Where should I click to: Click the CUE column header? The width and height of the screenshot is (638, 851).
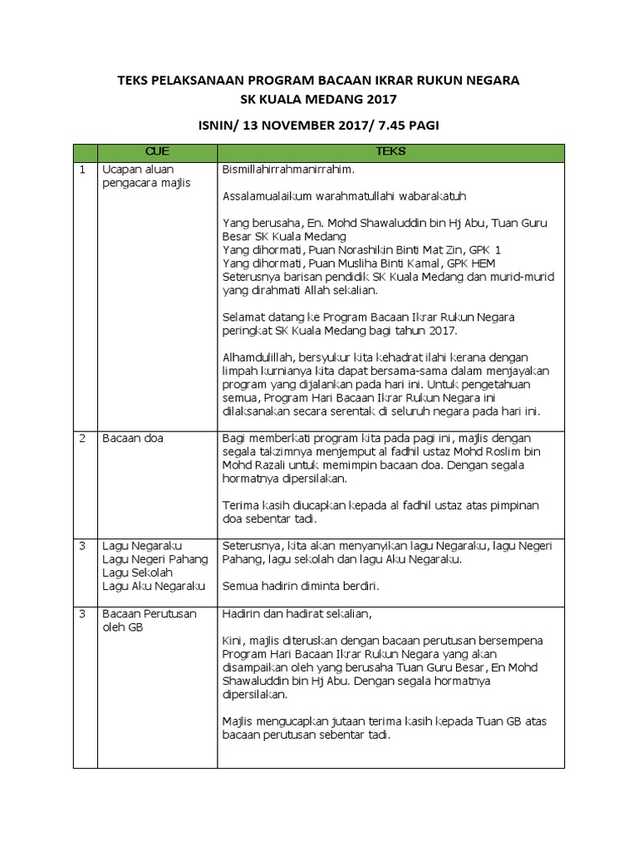[157, 153]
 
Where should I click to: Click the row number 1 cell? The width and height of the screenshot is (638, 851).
[83, 170]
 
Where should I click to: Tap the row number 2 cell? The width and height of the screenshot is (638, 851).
[83, 439]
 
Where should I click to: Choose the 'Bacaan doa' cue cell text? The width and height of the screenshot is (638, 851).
[133, 439]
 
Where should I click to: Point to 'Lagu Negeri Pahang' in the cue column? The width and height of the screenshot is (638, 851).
[155, 559]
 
